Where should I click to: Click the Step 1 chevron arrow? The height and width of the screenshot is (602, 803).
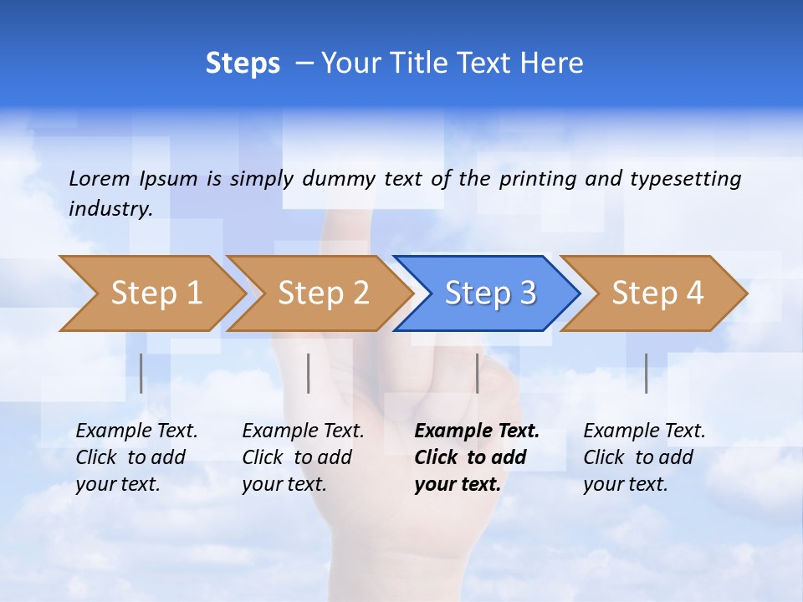pyautogui.click(x=156, y=293)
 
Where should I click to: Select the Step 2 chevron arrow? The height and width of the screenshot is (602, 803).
pyautogui.click(x=323, y=293)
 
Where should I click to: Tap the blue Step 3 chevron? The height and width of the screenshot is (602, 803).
pyautogui.click(x=490, y=293)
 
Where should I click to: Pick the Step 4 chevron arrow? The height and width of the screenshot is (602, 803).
pyautogui.click(x=657, y=293)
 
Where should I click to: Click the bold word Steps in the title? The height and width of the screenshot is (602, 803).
pyautogui.click(x=243, y=64)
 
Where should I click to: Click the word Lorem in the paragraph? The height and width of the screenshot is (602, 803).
pyautogui.click(x=100, y=178)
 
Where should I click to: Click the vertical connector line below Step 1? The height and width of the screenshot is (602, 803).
pyautogui.click(x=141, y=373)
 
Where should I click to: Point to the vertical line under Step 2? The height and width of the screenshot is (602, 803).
pyautogui.click(x=309, y=373)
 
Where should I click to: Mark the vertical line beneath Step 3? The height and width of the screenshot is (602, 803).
pyautogui.click(x=478, y=373)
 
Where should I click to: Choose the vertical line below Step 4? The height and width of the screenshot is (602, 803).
pyautogui.click(x=647, y=373)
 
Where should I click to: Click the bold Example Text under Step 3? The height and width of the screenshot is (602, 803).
pyautogui.click(x=477, y=431)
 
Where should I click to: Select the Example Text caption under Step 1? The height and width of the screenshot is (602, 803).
pyautogui.click(x=136, y=431)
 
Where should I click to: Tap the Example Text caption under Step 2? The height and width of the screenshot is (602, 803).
pyautogui.click(x=303, y=431)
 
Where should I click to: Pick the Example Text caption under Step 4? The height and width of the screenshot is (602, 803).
pyautogui.click(x=644, y=431)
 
